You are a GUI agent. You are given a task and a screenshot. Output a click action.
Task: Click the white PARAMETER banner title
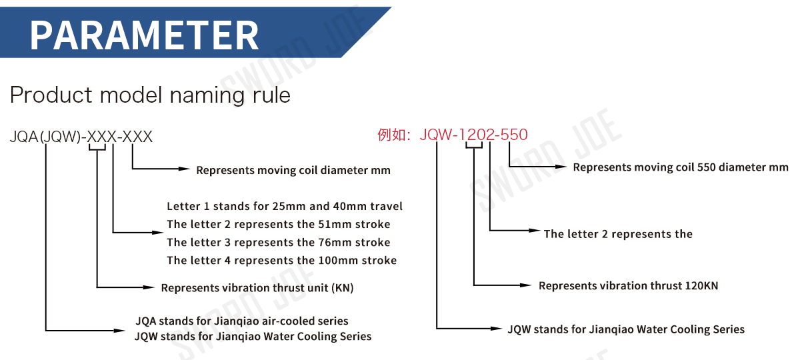(x=144, y=35)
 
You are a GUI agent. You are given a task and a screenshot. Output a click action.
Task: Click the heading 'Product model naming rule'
(x=150, y=95)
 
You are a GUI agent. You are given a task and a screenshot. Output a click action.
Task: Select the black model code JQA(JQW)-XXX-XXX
(x=81, y=137)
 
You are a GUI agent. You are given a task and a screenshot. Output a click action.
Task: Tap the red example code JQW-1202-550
(x=473, y=135)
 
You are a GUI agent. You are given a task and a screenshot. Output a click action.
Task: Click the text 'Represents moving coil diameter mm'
(x=293, y=171)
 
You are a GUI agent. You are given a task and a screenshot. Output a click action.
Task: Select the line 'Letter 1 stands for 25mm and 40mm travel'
(x=285, y=207)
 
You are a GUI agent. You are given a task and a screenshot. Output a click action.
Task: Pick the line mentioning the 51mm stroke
(x=279, y=225)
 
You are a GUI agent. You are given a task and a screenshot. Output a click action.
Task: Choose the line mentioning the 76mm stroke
(x=279, y=243)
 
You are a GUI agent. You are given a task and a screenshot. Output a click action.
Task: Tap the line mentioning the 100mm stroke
(x=281, y=261)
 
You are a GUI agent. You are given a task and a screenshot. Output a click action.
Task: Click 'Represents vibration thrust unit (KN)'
(x=257, y=289)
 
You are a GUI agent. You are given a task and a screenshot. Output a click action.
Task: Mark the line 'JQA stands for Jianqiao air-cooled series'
(x=241, y=321)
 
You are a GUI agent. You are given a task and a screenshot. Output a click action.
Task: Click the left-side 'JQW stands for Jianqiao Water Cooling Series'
(x=253, y=337)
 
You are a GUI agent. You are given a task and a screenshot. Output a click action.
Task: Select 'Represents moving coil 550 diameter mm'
(x=681, y=167)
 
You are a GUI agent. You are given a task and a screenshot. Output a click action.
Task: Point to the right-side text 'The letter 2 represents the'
(x=618, y=234)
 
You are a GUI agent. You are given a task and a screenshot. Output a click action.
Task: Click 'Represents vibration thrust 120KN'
(x=628, y=286)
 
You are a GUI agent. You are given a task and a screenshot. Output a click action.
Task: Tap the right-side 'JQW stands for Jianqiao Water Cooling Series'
(x=626, y=329)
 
